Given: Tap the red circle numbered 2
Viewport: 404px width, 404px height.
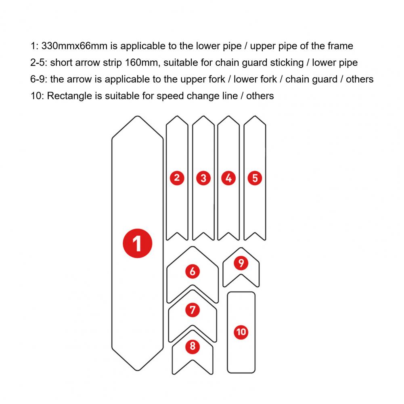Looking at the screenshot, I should [x=177, y=178].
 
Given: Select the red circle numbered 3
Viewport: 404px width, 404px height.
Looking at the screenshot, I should [x=203, y=178].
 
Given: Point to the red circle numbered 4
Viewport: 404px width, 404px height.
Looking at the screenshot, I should [x=229, y=178].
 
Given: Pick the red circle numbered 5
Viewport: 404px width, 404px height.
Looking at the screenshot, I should [x=255, y=178].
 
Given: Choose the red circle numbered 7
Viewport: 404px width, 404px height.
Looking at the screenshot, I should [x=192, y=310].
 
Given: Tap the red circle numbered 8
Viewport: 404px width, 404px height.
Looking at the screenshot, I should [x=192, y=346].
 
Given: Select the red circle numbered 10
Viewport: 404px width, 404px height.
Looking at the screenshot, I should [x=241, y=332].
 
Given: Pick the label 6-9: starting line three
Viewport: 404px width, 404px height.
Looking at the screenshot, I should [x=39, y=79].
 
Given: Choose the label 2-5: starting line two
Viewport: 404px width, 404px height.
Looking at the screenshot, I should [x=39, y=63].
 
